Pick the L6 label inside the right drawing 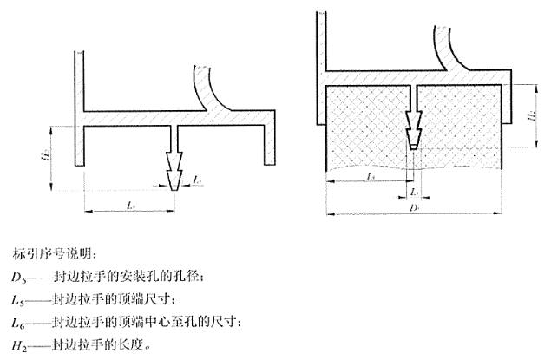pyautogui.click(x=371, y=176)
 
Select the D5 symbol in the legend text pyautogui.click(x=20, y=277)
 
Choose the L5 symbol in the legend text pyautogui.click(x=20, y=299)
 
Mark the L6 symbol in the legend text pyautogui.click(x=20, y=322)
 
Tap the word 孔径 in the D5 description pyautogui.click(x=190, y=277)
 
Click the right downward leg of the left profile pyautogui.click(x=268, y=144)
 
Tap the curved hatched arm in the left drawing pyautogui.click(x=209, y=87)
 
